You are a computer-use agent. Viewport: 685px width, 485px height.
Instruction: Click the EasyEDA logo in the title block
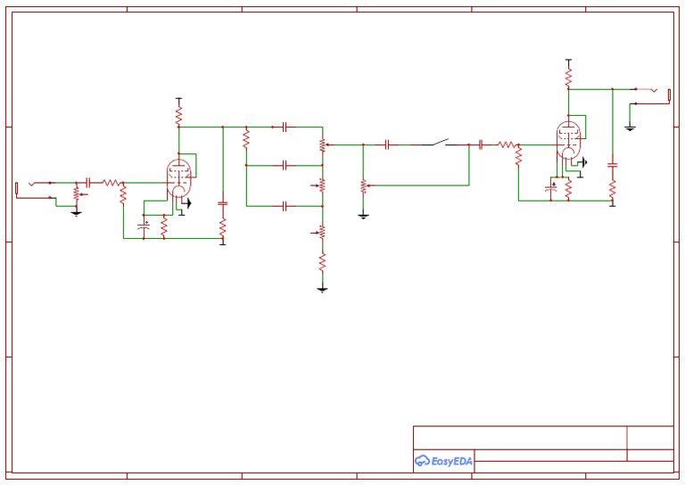click(443, 461)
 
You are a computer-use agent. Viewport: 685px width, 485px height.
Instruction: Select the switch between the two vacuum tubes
click(438, 143)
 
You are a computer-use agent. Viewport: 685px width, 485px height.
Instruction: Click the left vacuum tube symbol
click(179, 177)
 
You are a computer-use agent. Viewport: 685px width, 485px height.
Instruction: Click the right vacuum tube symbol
click(567, 141)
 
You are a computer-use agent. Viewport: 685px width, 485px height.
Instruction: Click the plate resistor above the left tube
click(178, 116)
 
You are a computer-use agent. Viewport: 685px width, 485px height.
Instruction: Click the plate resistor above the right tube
click(567, 78)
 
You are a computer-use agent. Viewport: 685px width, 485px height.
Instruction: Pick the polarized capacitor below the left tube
click(144, 226)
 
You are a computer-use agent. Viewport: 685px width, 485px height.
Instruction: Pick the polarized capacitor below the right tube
click(551, 188)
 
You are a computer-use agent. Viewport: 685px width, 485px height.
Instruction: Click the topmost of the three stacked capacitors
click(284, 127)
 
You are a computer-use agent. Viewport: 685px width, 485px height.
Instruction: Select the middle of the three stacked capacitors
click(284, 165)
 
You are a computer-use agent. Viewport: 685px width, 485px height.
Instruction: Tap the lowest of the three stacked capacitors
click(284, 206)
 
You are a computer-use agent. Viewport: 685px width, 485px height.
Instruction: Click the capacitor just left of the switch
click(387, 144)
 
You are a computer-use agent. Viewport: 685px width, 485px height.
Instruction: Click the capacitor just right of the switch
click(481, 144)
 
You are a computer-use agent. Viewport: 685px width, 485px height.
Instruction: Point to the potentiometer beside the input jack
click(77, 193)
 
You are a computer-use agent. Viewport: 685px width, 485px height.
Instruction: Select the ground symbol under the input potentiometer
click(76, 213)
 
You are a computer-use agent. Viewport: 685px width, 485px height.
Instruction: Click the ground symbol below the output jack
click(630, 128)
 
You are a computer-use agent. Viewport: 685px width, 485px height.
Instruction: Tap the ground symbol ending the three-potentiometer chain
click(322, 289)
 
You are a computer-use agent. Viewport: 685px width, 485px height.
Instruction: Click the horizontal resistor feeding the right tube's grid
click(507, 144)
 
